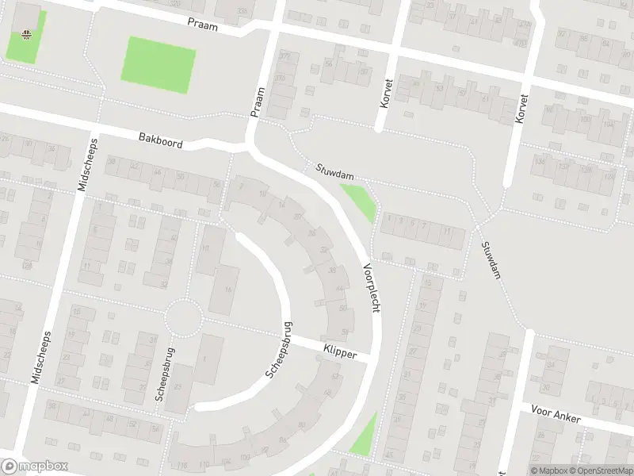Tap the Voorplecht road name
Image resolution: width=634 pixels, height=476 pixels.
tap(370, 287)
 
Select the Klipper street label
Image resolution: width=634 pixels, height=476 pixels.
tap(340, 350)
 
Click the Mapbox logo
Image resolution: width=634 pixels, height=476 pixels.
tap(35, 466)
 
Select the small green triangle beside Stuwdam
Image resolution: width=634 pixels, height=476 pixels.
tap(361, 201)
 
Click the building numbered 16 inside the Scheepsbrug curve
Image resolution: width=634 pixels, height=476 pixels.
tap(228, 290)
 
